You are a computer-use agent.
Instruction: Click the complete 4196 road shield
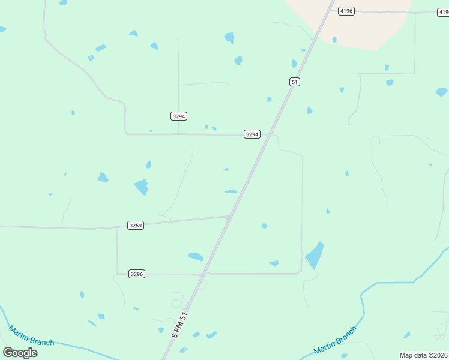click(x=346, y=11)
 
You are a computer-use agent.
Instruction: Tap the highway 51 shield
click(x=294, y=82)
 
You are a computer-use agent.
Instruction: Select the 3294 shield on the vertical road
click(x=178, y=115)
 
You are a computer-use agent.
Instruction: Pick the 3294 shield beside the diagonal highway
click(x=252, y=134)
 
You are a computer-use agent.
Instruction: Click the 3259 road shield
click(x=136, y=225)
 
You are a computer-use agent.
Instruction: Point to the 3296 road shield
click(x=137, y=274)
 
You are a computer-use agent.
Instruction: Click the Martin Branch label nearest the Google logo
click(x=31, y=335)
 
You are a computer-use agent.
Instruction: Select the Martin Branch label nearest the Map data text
click(x=336, y=340)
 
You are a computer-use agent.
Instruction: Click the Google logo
click(x=20, y=352)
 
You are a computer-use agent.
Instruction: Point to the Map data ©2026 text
click(x=424, y=355)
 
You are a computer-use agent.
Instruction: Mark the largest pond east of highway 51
click(x=315, y=256)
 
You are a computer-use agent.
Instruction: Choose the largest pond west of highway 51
click(x=142, y=187)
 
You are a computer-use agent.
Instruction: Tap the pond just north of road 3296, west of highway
click(x=196, y=257)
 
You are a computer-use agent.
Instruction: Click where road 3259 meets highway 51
click(x=229, y=217)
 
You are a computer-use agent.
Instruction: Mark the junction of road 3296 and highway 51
click(x=203, y=274)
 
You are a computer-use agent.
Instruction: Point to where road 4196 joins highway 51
click(x=330, y=10)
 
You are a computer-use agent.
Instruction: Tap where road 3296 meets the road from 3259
click(x=117, y=274)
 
